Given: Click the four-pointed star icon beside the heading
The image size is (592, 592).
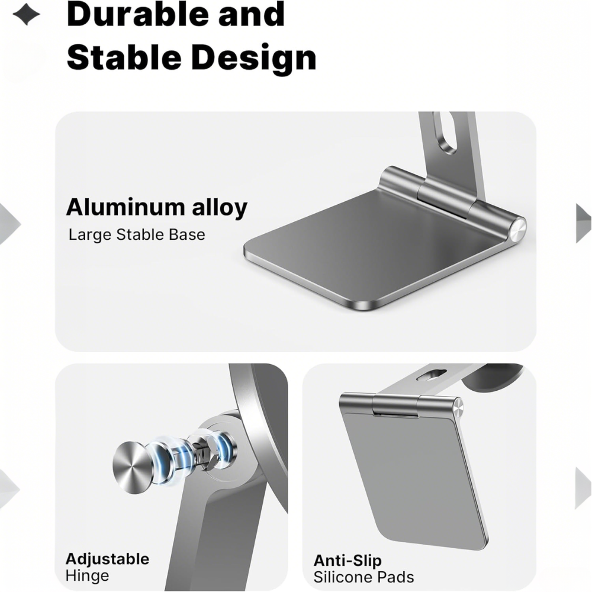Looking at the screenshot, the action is pyautogui.click(x=26, y=15).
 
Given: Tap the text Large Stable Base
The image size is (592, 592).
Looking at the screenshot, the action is pyautogui.click(x=137, y=234).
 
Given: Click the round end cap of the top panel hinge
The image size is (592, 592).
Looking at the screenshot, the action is pyautogui.click(x=517, y=230).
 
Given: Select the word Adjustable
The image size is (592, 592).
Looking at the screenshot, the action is pyautogui.click(x=107, y=559).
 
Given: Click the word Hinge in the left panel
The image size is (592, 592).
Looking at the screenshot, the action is pyautogui.click(x=87, y=576).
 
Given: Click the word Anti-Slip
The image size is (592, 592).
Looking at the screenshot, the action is pyautogui.click(x=348, y=560).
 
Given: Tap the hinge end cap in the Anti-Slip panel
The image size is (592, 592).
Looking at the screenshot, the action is pyautogui.click(x=458, y=408).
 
